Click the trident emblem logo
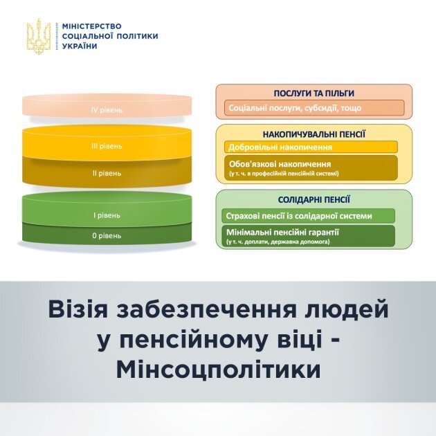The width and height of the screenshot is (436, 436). (x=38, y=36)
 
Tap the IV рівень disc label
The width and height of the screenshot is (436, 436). (x=107, y=109)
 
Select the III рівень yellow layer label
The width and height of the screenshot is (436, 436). (x=107, y=146)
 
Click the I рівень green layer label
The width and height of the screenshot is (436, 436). (x=107, y=215)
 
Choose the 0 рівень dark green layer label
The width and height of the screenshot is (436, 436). (x=107, y=235)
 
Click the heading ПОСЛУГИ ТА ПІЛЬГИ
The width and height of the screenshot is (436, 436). (x=314, y=93)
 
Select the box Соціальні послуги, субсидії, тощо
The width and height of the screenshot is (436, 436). (x=314, y=108)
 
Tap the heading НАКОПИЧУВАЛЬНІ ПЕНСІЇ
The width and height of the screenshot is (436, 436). (x=314, y=133)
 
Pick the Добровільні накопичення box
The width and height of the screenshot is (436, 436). (x=311, y=147)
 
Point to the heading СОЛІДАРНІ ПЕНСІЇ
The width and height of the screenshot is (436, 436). (x=314, y=199)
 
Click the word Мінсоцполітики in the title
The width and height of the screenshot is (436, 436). (x=218, y=370)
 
